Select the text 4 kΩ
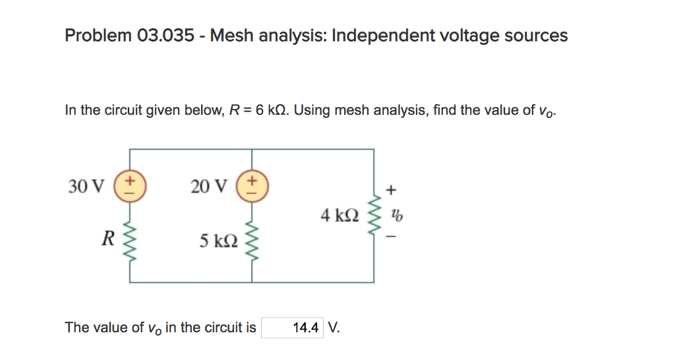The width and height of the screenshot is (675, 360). [x=340, y=215]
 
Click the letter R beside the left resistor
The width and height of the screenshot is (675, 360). [x=106, y=239]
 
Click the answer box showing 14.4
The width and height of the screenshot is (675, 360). [x=293, y=328]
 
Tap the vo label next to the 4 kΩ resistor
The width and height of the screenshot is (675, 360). [x=396, y=215]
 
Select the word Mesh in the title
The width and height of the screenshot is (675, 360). [x=231, y=36]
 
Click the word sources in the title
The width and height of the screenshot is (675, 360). [x=535, y=36]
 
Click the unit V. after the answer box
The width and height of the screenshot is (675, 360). [x=334, y=328]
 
